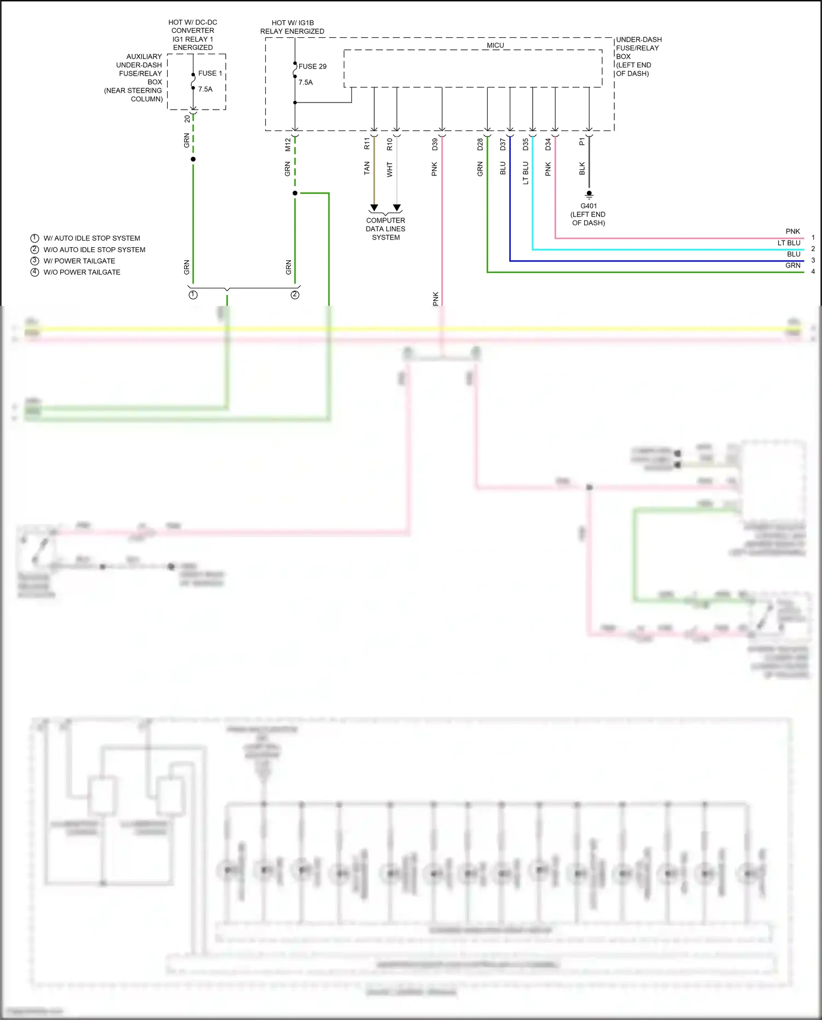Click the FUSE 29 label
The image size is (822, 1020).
coord(312,66)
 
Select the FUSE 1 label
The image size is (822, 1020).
coord(210,73)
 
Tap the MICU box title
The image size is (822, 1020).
coord(495,45)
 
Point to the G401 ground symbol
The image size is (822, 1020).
coord(589,195)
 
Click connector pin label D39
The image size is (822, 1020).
coord(435,145)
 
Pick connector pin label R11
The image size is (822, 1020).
coord(367,144)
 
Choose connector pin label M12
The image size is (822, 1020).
coord(288,145)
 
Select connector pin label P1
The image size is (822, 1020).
coord(582,141)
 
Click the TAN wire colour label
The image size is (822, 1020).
coord(367,168)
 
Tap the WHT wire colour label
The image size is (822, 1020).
coord(390,169)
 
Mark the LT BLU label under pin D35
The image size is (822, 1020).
coord(526,173)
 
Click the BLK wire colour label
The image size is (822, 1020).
coord(582,168)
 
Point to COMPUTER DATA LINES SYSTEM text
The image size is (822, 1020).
coord(386,229)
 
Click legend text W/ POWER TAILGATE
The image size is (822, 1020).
coord(79,261)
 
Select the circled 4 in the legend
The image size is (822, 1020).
coord(35,272)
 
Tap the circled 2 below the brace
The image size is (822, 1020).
coord(295,295)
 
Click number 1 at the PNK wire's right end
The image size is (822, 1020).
coord(813,237)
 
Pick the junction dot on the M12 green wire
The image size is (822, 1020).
coord(295,193)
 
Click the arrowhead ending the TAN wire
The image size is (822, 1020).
coord(374,208)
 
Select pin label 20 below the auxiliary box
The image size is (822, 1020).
coord(187,118)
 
